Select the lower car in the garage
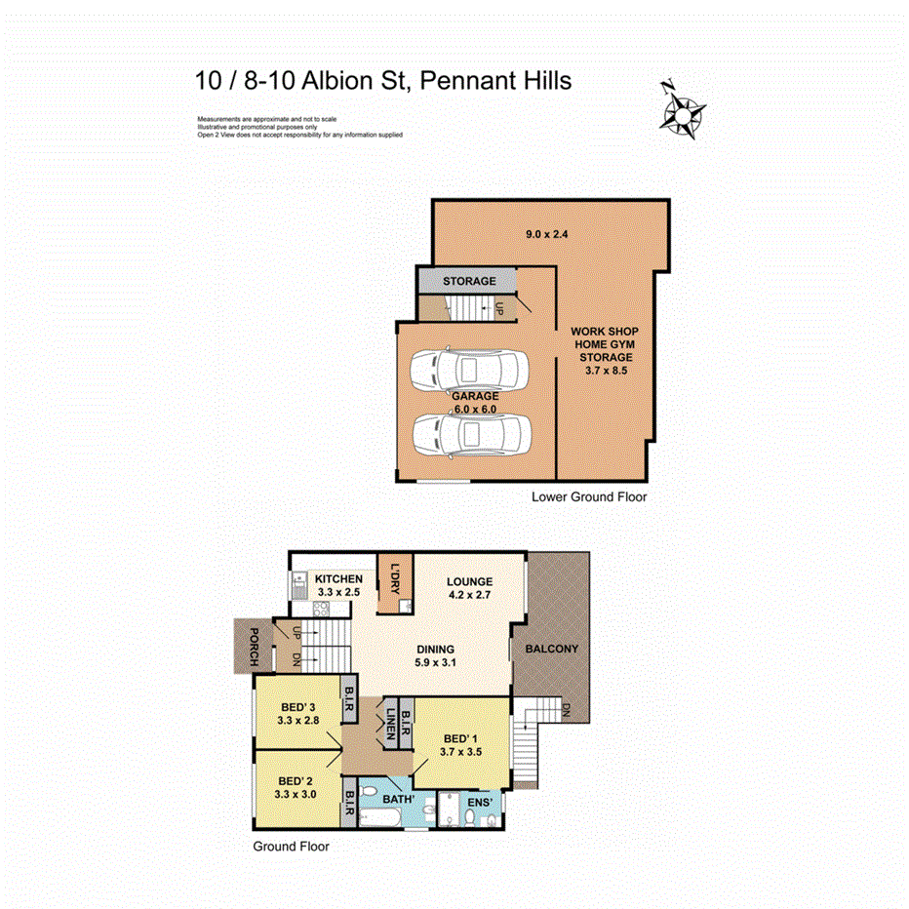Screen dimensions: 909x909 [x=469, y=432]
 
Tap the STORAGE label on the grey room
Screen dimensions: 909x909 [x=469, y=281]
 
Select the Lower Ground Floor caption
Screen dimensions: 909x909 [x=589, y=496]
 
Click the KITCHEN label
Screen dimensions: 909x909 [x=338, y=579]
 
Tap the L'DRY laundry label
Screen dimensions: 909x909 [x=395, y=575]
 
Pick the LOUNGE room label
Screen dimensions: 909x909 [x=470, y=581]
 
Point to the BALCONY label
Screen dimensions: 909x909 [x=551, y=650]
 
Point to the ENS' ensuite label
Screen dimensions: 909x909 [x=482, y=803]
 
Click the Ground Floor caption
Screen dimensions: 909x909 [x=291, y=847]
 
